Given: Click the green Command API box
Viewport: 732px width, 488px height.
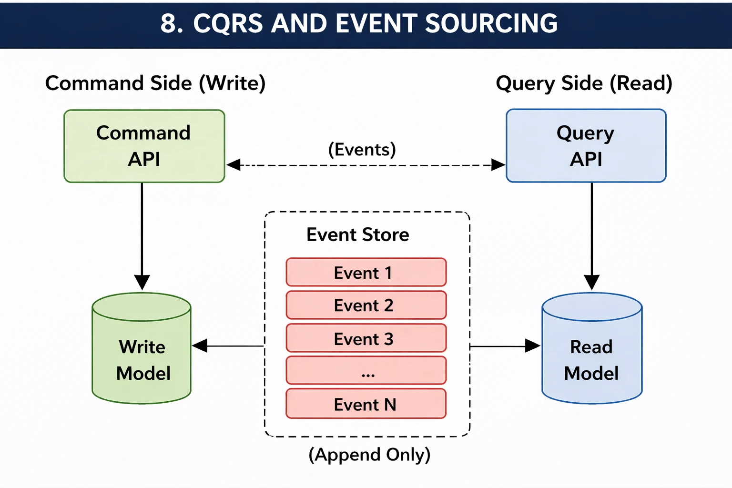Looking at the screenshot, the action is [x=144, y=146].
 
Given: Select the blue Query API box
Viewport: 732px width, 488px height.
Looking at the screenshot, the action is [x=586, y=146].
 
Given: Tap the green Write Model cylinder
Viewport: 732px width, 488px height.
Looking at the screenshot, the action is [x=142, y=353].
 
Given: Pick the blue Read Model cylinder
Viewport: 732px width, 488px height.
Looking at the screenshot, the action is [x=591, y=353].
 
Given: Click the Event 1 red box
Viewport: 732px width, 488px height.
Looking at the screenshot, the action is [x=366, y=273].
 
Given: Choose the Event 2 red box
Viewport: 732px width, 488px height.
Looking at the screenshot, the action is [x=366, y=305].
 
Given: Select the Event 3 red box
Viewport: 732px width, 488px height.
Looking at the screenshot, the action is [x=366, y=338].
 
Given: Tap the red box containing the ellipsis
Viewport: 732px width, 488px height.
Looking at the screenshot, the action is [x=366, y=370].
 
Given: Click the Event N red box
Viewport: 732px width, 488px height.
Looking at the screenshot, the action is [x=366, y=404].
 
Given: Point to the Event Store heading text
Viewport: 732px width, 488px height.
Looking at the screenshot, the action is [x=357, y=234].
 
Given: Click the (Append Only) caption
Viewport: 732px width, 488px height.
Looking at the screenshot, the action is [x=369, y=454].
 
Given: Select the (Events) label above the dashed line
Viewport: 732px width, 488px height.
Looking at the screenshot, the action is [x=362, y=150].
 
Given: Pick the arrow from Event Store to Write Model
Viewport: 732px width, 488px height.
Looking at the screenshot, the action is [x=229, y=346].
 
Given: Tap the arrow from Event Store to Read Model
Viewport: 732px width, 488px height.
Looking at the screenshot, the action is [x=505, y=346].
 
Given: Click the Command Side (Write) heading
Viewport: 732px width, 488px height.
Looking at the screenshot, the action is [x=155, y=83].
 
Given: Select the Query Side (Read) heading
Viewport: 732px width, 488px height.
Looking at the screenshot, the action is [x=584, y=83].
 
